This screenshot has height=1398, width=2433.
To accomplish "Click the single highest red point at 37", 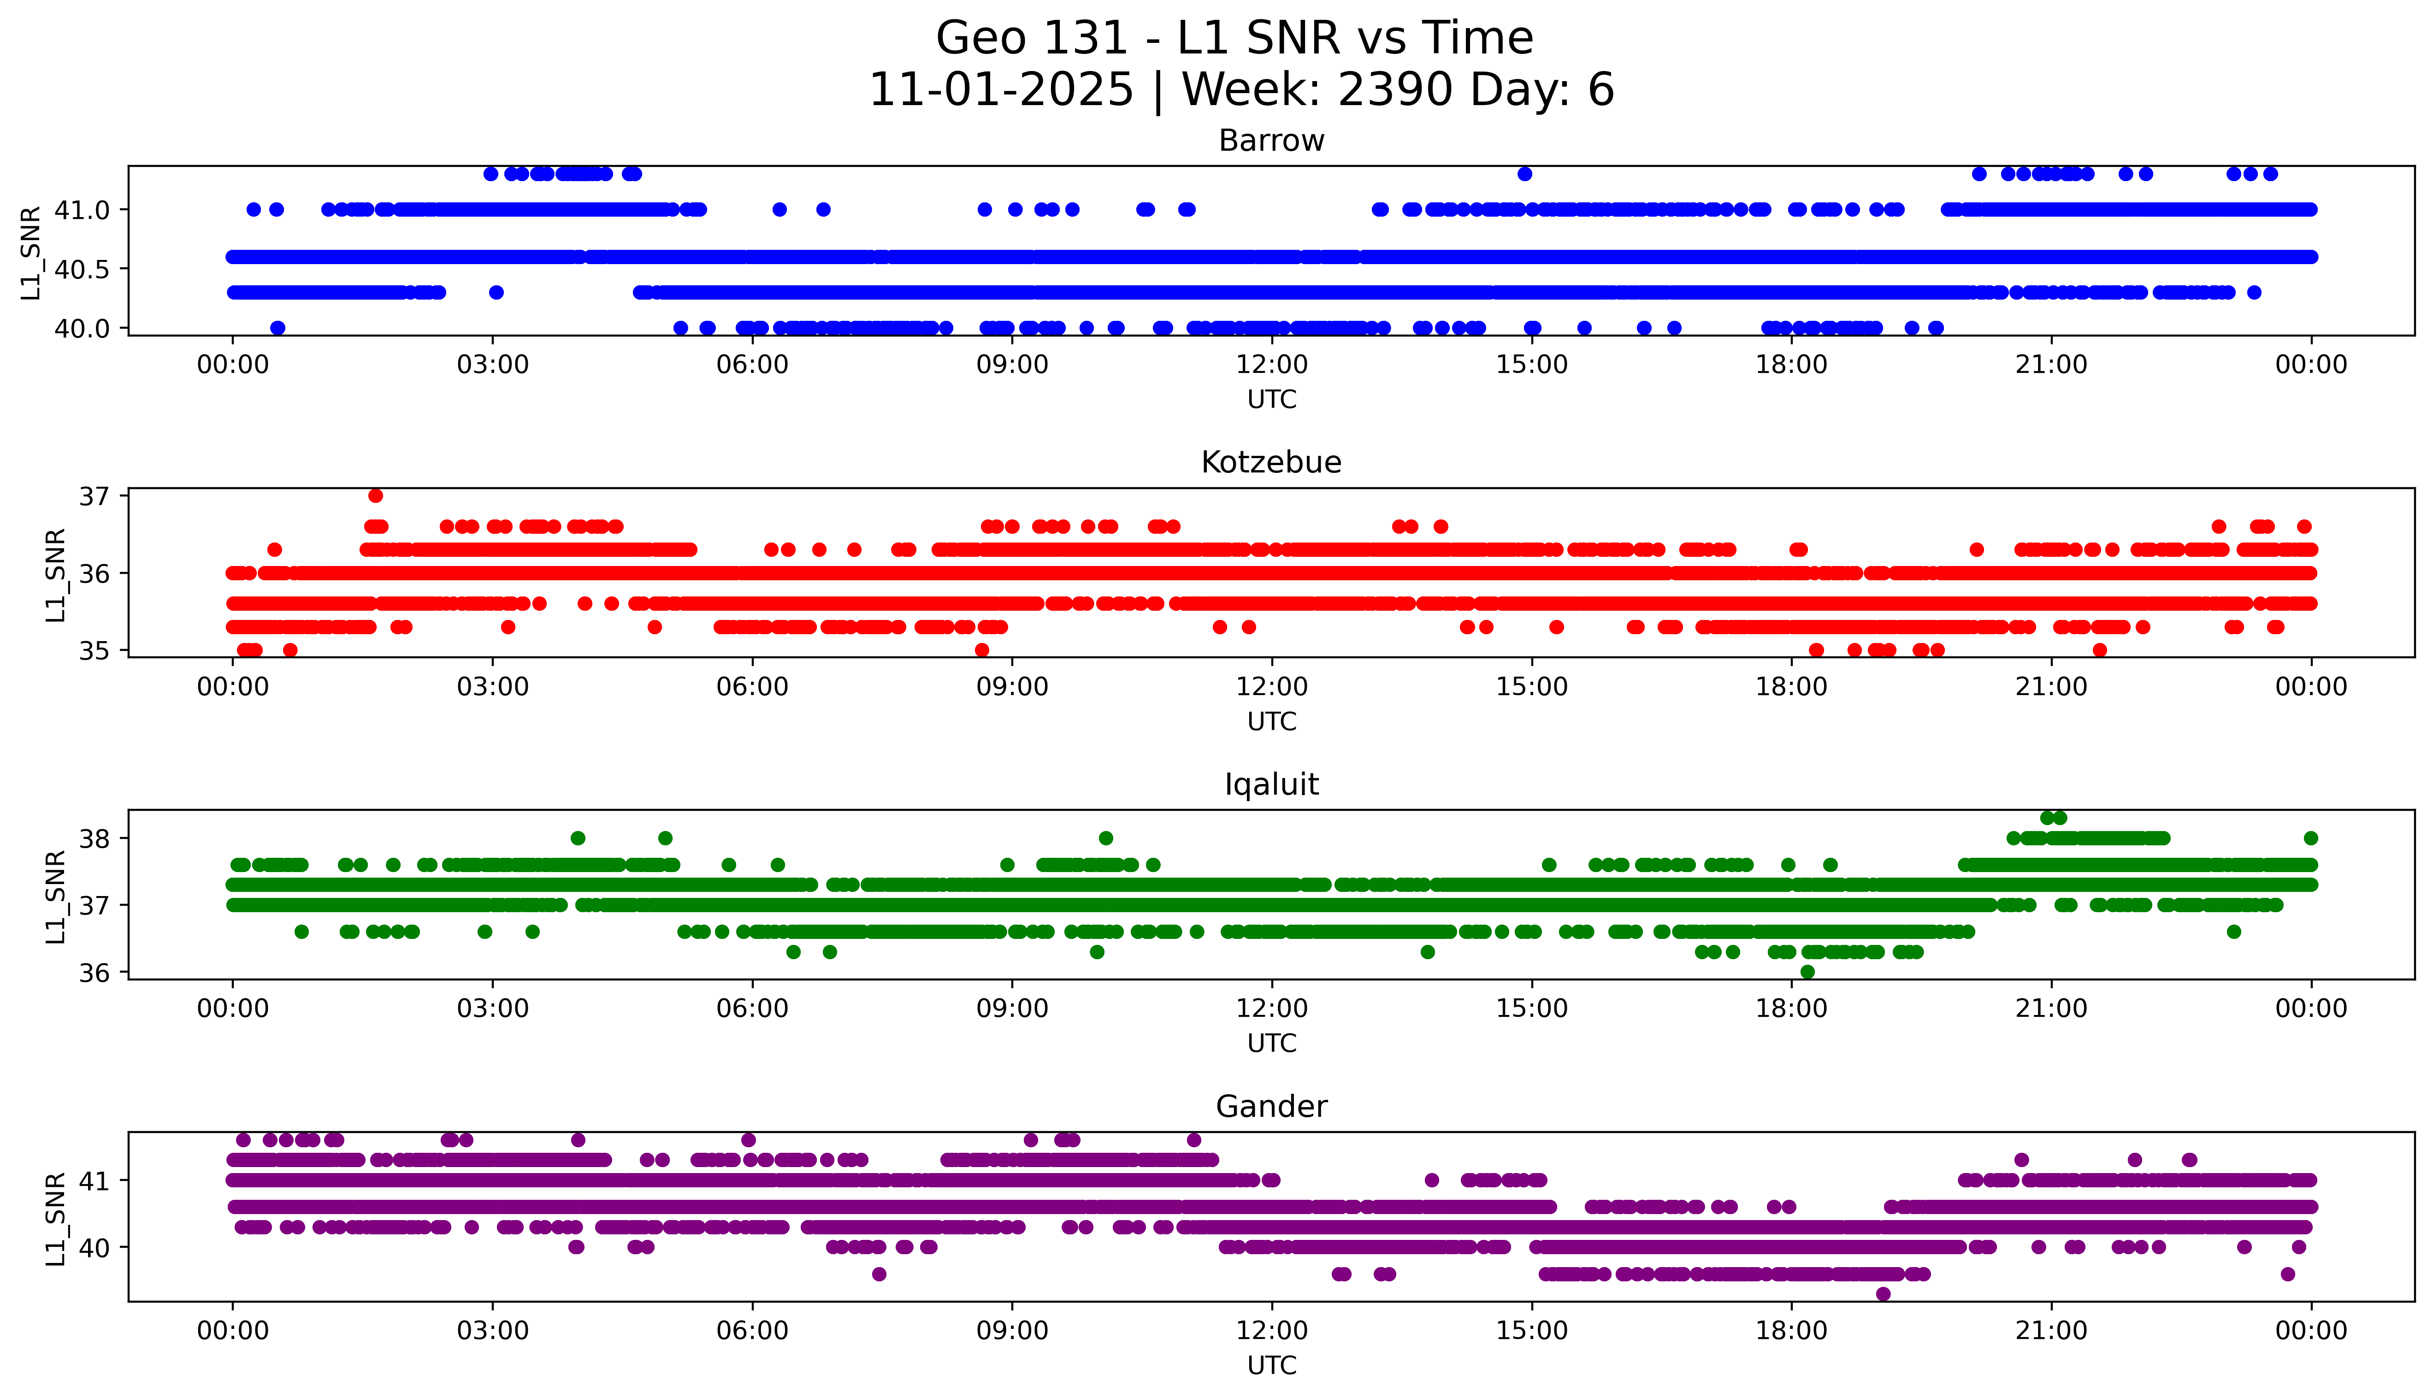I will tap(375, 495).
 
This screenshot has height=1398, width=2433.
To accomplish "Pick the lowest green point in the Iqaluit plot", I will tap(1807, 972).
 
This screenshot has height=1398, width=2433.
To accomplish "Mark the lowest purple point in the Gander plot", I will tap(1883, 1294).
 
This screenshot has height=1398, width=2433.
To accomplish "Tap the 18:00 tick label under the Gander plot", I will tap(1792, 1331).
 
